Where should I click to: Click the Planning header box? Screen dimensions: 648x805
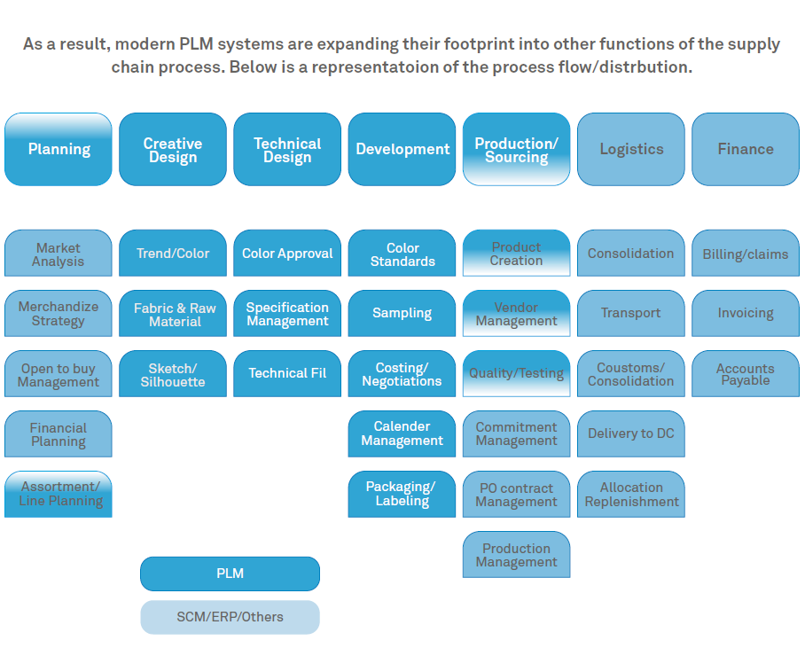[59, 149]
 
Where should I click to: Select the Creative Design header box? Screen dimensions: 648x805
[173, 149]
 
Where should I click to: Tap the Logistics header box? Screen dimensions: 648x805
[631, 149]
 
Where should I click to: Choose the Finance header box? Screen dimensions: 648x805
[746, 149]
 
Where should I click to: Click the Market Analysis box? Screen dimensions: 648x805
[59, 254]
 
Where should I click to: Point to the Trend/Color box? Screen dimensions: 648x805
[173, 254]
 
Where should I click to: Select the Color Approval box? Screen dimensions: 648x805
[287, 254]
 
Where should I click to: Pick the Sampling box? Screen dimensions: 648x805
[402, 313]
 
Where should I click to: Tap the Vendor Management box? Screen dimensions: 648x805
[516, 313]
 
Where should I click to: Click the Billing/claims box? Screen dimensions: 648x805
[746, 254]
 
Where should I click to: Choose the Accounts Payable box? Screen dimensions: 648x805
[746, 374]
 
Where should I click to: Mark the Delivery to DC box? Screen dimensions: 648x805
[631, 433]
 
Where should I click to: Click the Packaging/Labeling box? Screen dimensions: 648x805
[402, 494]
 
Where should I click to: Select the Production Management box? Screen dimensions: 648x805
[516, 555]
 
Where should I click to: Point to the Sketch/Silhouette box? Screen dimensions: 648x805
[173, 374]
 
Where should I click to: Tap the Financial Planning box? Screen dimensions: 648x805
[59, 433]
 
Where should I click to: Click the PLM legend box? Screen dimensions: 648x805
[230, 574]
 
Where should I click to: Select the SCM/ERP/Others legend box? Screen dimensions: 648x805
[230, 617]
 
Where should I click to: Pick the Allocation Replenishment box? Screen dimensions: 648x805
[631, 494]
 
